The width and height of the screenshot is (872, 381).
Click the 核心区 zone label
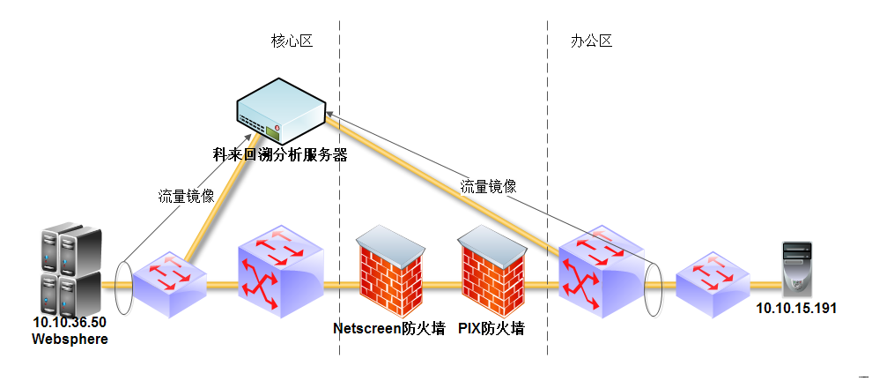(x=292, y=41)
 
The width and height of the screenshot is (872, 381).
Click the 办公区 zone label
(x=591, y=41)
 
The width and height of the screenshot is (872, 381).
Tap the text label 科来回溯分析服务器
(x=281, y=156)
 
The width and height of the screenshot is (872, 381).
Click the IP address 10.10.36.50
(x=69, y=323)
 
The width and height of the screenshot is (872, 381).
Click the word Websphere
(x=70, y=339)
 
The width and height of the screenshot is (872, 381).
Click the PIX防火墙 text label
(x=491, y=329)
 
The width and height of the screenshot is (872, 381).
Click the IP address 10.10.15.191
(x=796, y=308)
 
